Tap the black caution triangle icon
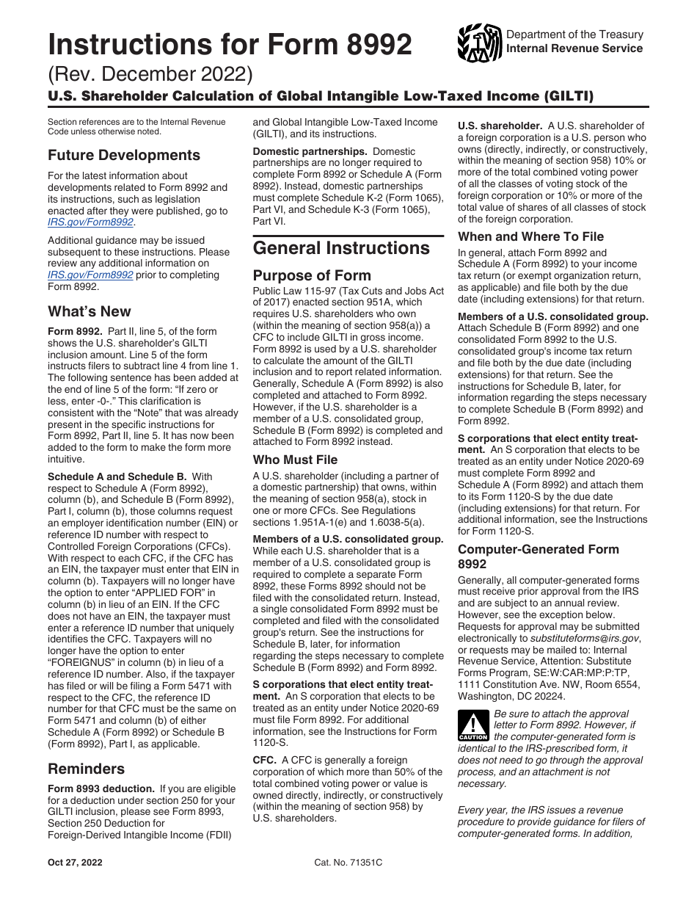click(472, 725)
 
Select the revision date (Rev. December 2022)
click(150, 76)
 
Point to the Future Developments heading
click(124, 156)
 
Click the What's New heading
click(90, 311)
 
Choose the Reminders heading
click(86, 769)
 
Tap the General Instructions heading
click(341, 248)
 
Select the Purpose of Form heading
click(312, 276)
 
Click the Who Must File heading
click(295, 460)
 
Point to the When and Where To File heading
click(530, 236)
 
